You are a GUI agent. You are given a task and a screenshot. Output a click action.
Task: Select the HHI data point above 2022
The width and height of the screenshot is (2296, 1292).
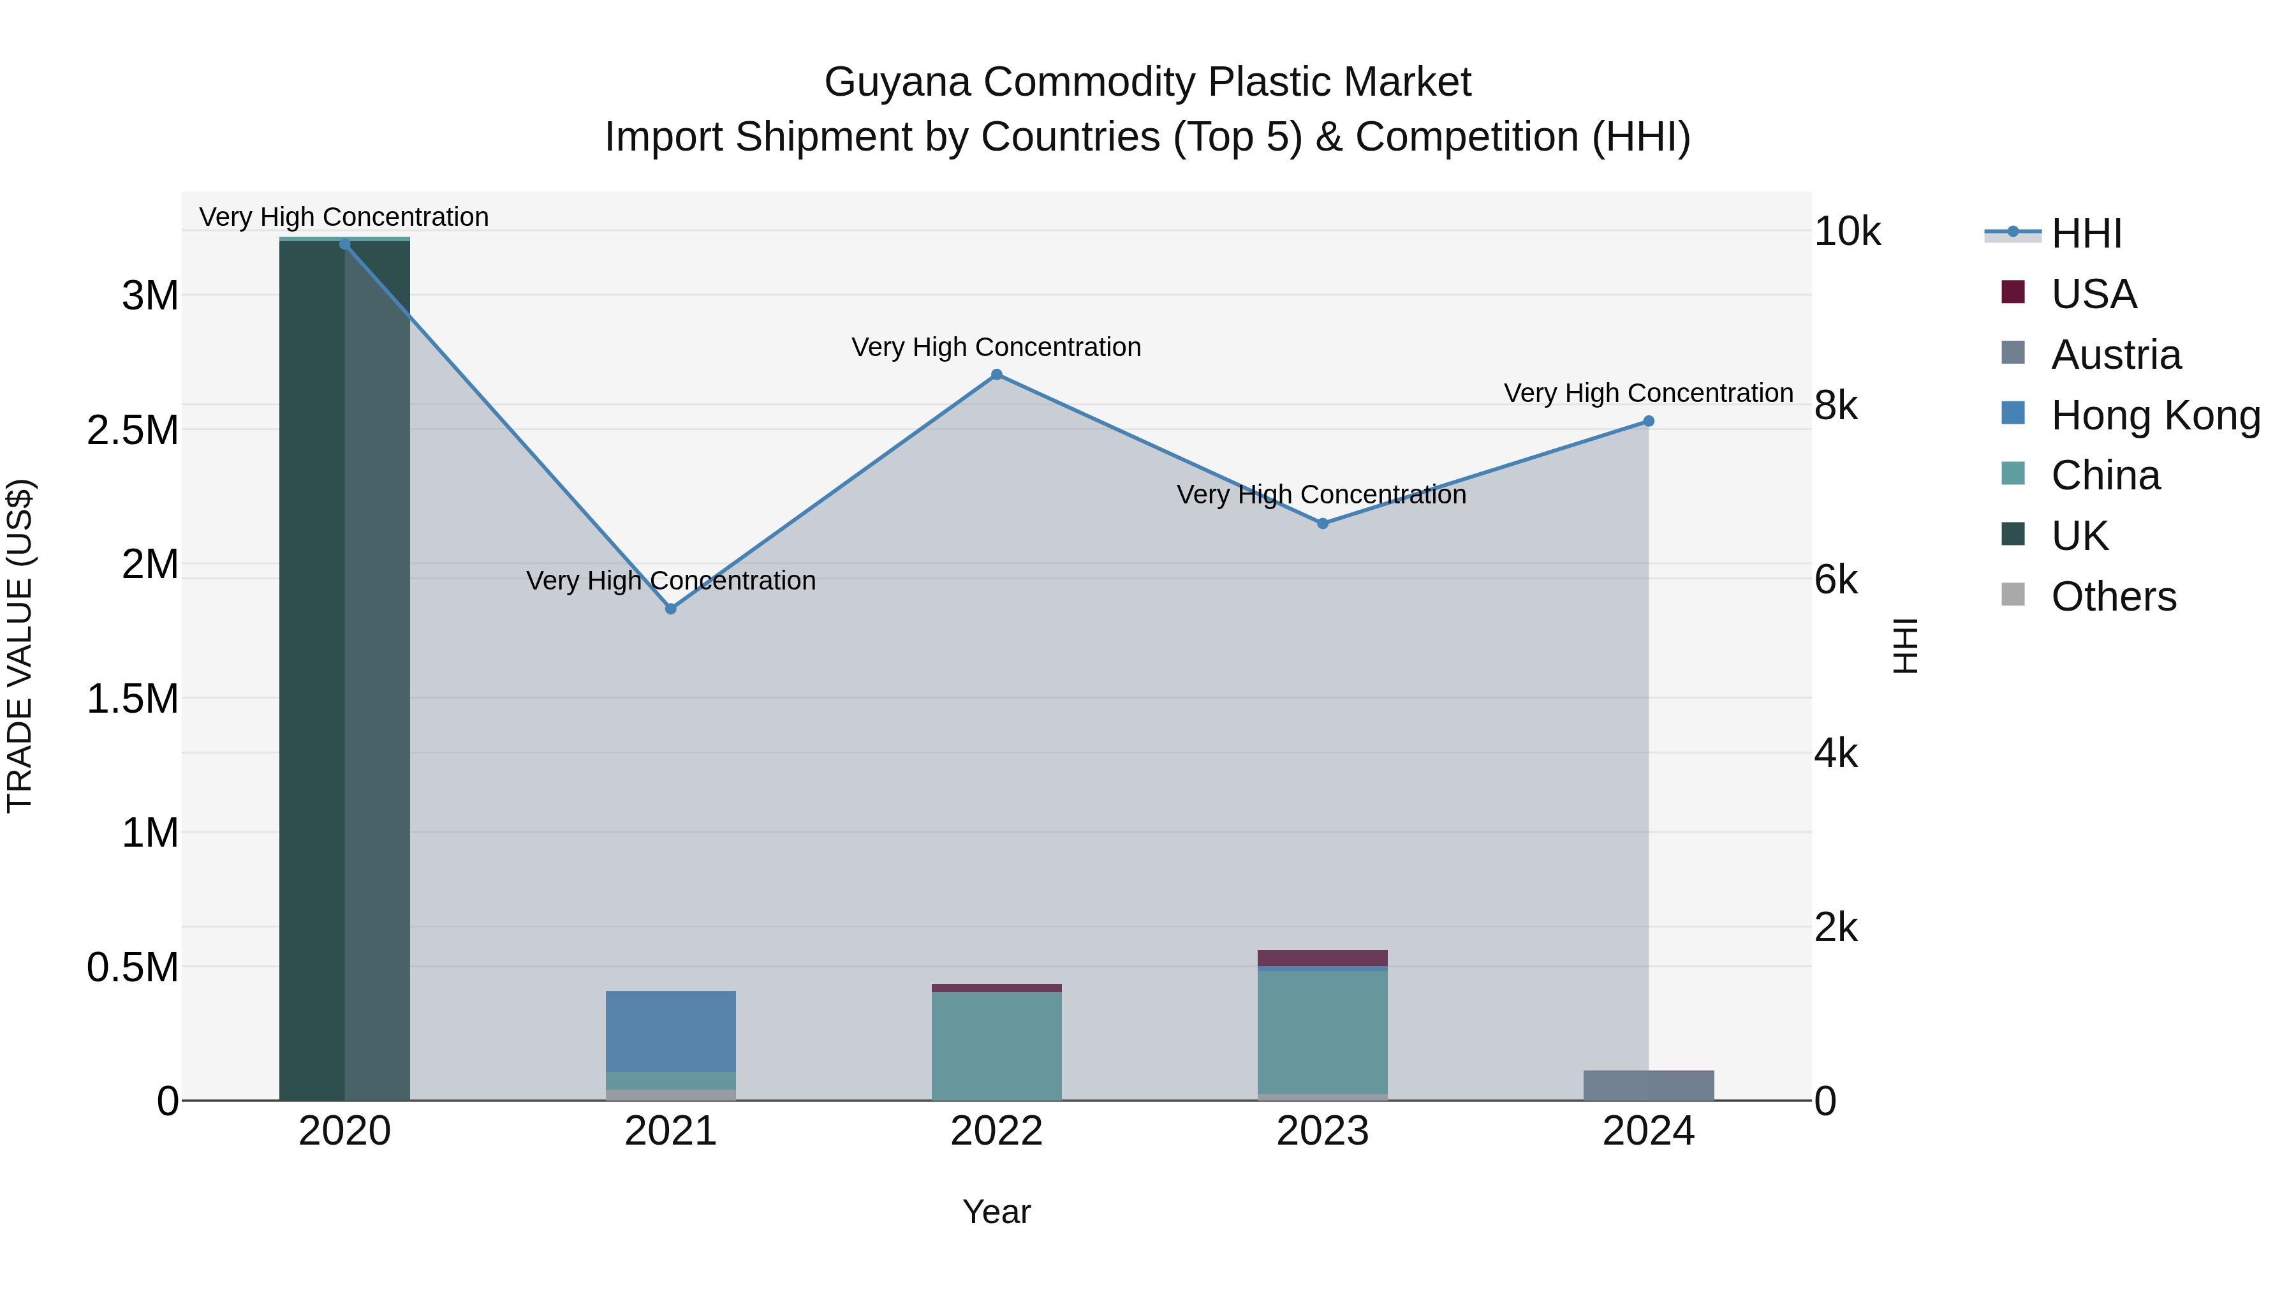pyautogui.click(x=996, y=375)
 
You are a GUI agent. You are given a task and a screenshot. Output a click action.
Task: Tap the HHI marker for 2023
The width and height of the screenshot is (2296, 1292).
pyautogui.click(x=1323, y=523)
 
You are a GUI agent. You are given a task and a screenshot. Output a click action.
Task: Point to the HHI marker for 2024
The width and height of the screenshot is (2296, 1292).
pyautogui.click(x=1648, y=421)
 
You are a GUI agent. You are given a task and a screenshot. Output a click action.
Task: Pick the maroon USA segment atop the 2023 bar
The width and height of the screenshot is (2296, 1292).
pyautogui.click(x=1323, y=958)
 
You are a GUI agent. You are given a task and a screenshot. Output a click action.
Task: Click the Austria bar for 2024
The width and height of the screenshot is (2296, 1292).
pyautogui.click(x=1648, y=1085)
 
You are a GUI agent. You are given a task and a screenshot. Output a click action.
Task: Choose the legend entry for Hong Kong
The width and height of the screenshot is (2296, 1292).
pyautogui.click(x=2154, y=415)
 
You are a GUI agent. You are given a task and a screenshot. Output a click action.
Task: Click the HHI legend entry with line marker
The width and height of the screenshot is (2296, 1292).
pyautogui.click(x=2086, y=234)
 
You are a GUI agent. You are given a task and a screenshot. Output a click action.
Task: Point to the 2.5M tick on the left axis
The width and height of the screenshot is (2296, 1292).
pyautogui.click(x=132, y=430)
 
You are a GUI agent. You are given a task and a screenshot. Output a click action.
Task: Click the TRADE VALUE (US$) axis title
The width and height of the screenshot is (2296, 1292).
pyautogui.click(x=20, y=646)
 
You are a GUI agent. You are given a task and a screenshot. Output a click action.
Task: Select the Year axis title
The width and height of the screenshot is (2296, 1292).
pyautogui.click(x=996, y=1212)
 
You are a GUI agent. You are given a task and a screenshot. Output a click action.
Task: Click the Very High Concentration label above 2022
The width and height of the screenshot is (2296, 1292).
pyautogui.click(x=996, y=347)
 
